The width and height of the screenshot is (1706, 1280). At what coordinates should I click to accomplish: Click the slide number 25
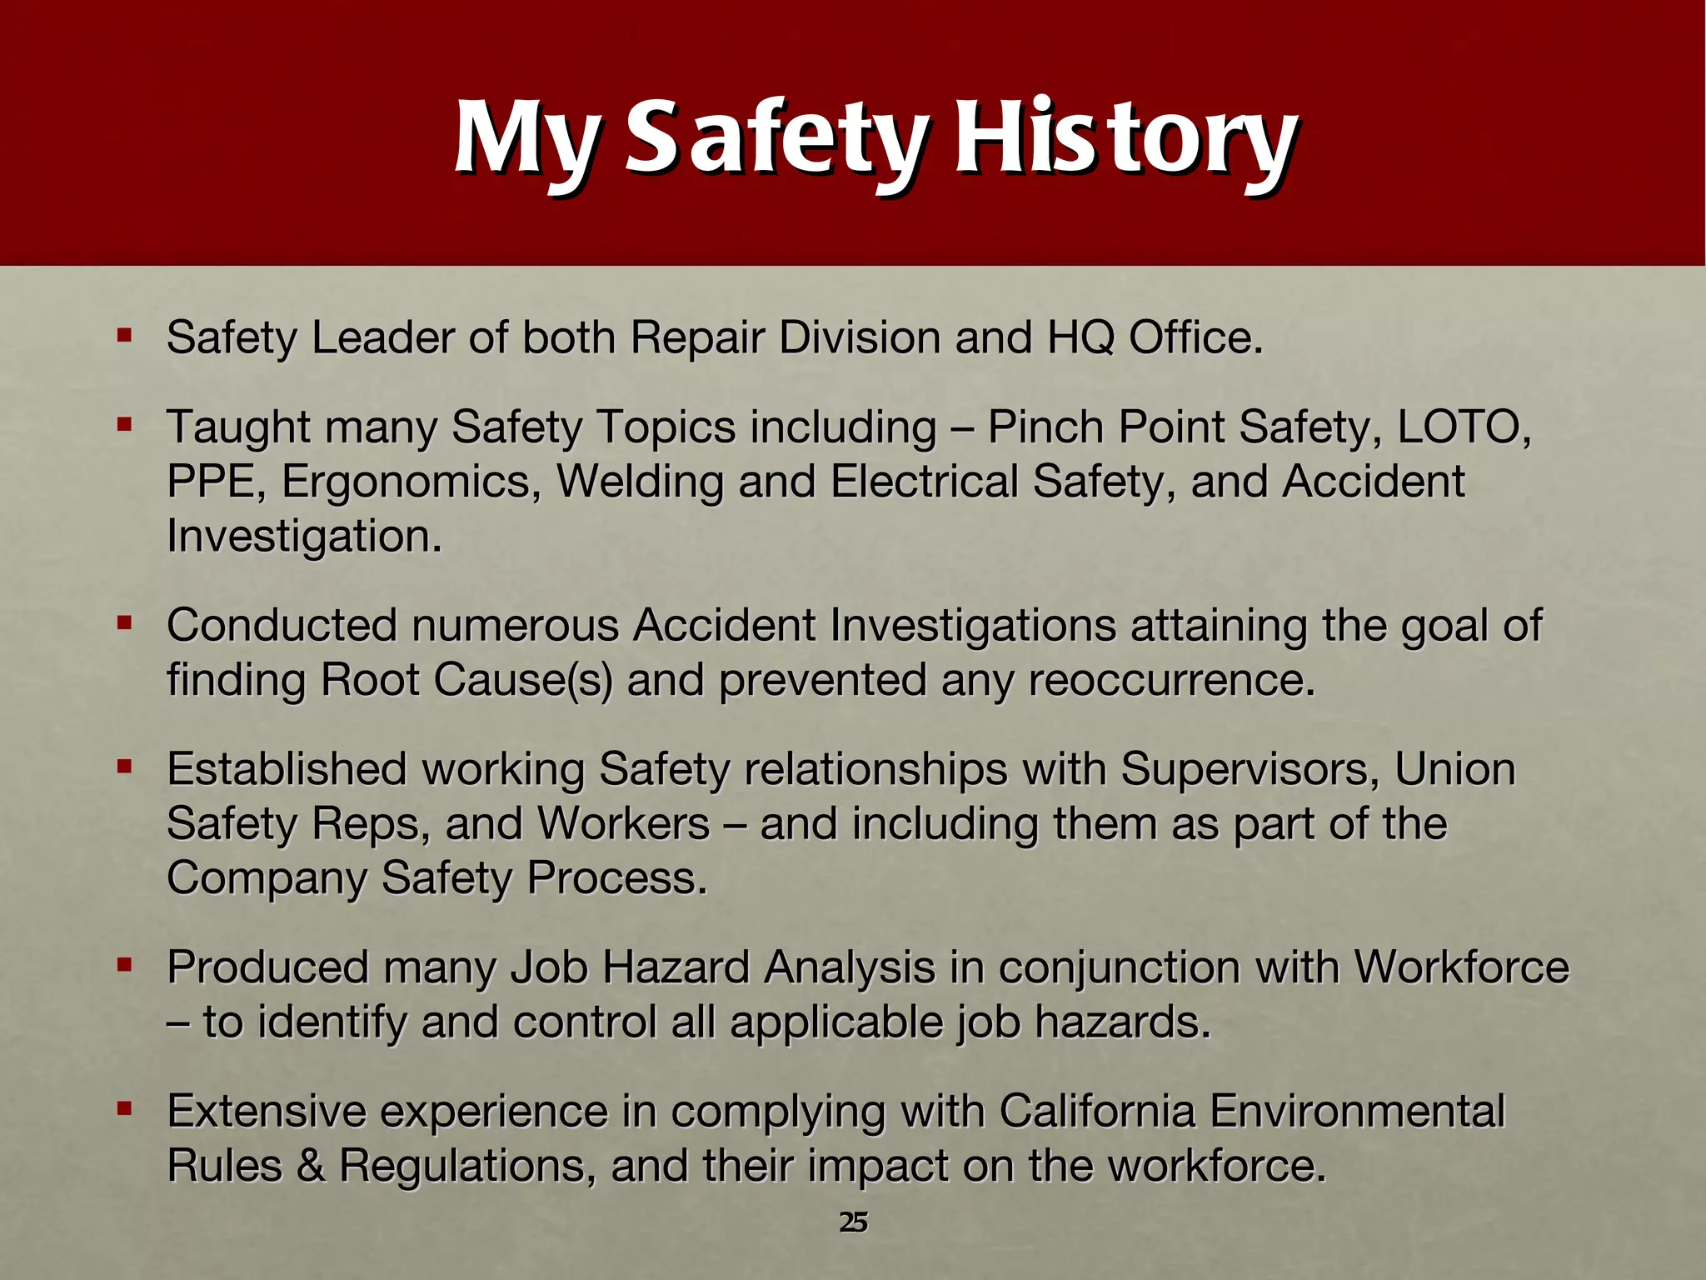pos(853,1222)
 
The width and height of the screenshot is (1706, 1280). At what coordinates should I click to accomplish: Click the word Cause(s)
pos(522,680)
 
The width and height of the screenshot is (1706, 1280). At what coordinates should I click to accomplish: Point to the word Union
pos(1454,769)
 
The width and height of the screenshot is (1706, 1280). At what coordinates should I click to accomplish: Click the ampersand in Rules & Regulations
pos(310,1166)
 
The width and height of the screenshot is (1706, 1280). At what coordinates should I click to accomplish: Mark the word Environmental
pos(1357,1111)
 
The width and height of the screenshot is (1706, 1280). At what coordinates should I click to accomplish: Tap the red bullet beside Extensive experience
pos(125,1109)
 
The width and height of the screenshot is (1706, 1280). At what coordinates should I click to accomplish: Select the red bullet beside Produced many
pos(125,966)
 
